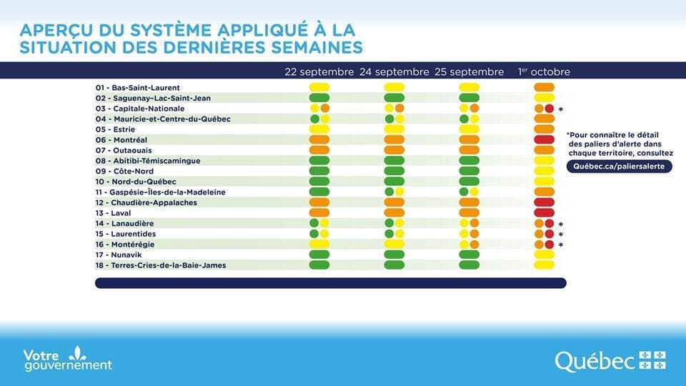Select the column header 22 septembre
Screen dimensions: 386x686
click(x=319, y=72)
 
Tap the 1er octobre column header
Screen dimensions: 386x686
click(x=545, y=72)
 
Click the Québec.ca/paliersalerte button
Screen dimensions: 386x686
click(x=620, y=165)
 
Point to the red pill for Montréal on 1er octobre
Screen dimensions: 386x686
click(x=545, y=139)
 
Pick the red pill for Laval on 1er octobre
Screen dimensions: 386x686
click(x=545, y=213)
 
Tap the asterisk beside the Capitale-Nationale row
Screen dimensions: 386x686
click(x=561, y=109)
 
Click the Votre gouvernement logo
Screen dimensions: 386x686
click(x=68, y=360)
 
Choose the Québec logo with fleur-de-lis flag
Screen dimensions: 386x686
click(x=610, y=360)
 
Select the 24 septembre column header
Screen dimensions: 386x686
click(x=394, y=72)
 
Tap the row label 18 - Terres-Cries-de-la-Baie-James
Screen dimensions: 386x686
click(x=161, y=265)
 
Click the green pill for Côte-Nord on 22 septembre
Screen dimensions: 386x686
click(x=319, y=171)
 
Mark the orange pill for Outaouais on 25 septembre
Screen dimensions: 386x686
click(x=469, y=150)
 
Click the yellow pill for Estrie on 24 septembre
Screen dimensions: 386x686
click(x=394, y=129)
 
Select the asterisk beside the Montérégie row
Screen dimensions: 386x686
click(x=561, y=245)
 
